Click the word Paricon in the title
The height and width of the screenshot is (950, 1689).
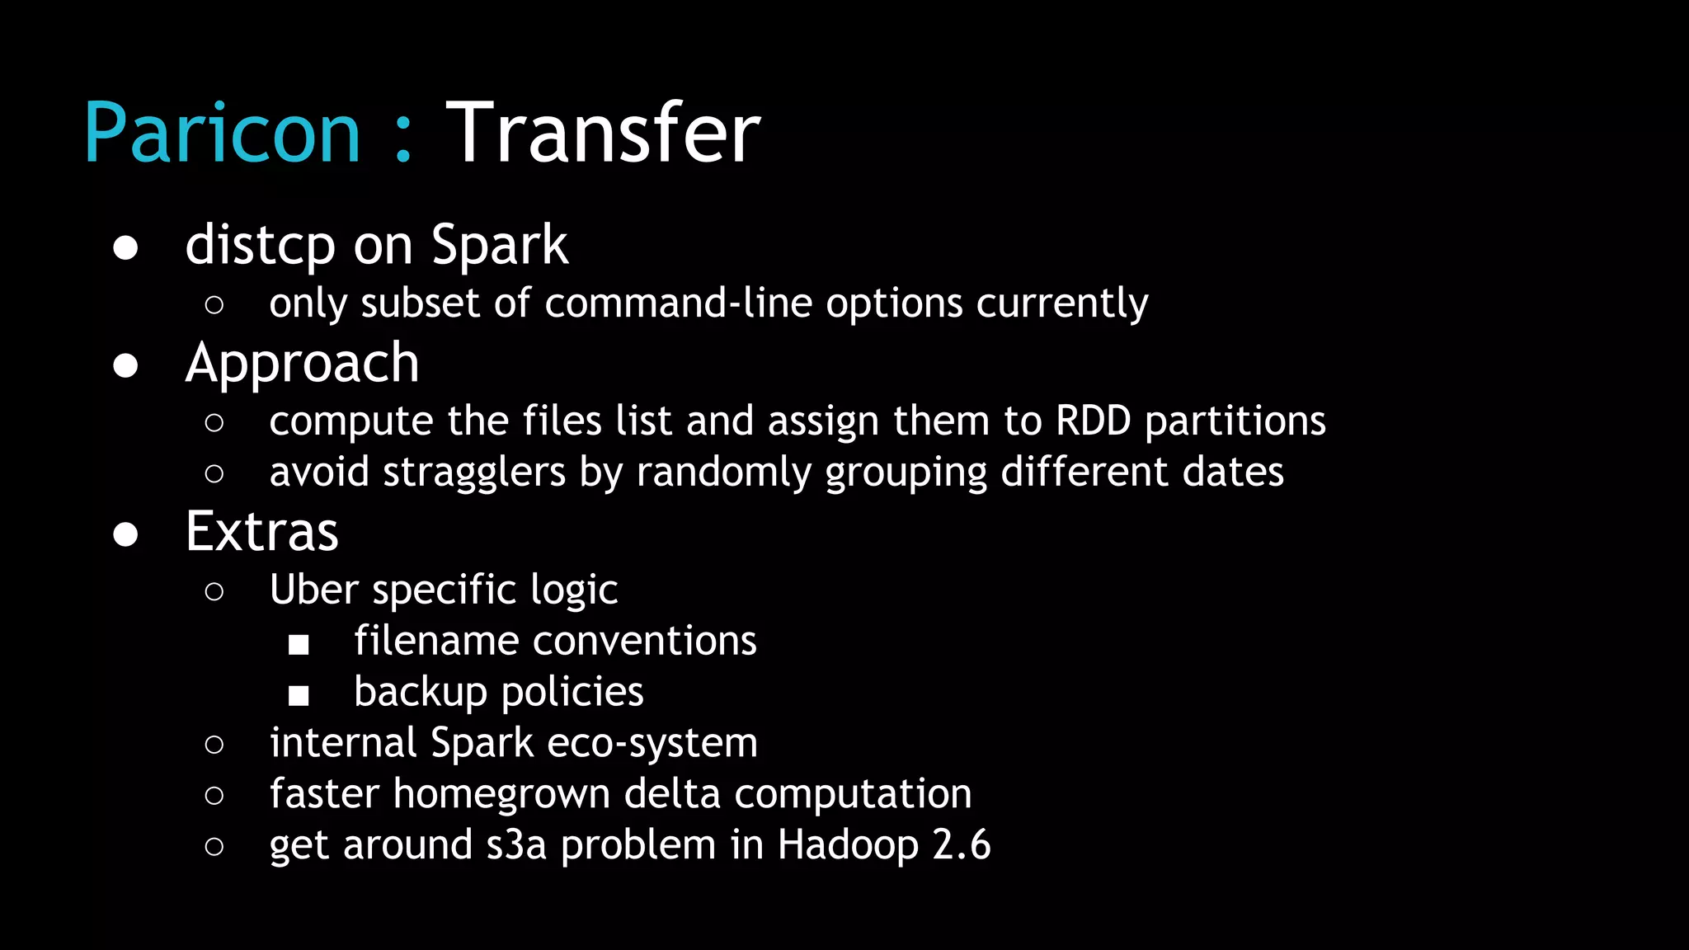click(x=222, y=134)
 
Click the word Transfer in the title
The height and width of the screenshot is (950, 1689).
click(x=603, y=134)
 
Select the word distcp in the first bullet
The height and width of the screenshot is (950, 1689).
click(x=260, y=246)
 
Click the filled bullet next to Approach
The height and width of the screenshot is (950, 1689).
click(x=125, y=366)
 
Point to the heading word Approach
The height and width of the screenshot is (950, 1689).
click(x=303, y=364)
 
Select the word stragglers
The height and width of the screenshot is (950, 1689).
click(x=474, y=473)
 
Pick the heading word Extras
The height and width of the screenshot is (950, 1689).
click(x=262, y=532)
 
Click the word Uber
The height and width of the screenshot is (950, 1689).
click(x=314, y=590)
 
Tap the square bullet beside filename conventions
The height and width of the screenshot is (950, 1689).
click(x=299, y=645)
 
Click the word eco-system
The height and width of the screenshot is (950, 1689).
click(x=652, y=744)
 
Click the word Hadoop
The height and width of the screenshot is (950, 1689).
click(x=848, y=846)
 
